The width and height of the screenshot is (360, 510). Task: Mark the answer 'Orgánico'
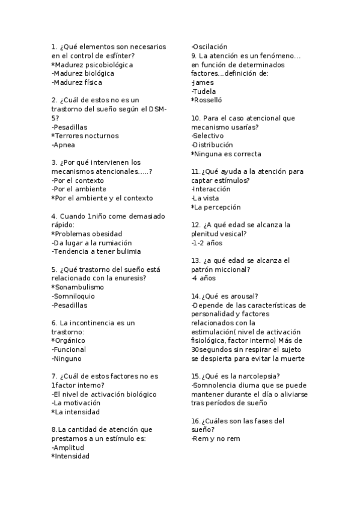[x=70, y=340]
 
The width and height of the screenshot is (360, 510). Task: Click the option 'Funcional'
[x=70, y=349]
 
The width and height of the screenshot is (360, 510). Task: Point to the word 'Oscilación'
[x=210, y=46]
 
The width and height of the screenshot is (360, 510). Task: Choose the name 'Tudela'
[x=204, y=91]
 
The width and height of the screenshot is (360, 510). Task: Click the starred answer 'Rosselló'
[x=209, y=100]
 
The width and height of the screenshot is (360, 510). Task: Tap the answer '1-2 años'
[x=207, y=243]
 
